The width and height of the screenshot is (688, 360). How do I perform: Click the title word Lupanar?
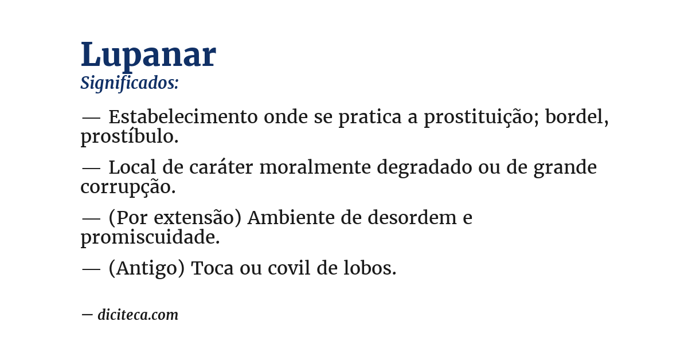coord(148,55)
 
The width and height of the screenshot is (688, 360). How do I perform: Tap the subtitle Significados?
coord(130,83)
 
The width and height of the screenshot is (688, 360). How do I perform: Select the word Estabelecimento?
coord(183,117)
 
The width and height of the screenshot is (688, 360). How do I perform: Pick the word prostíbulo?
coord(129,137)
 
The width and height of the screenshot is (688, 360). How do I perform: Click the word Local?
coord(133,167)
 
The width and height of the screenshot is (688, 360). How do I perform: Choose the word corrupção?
coord(127,187)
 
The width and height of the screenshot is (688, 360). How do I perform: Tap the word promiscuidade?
coord(150,237)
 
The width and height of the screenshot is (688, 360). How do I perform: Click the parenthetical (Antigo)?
coord(146,268)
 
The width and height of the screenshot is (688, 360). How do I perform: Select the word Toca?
coord(212,268)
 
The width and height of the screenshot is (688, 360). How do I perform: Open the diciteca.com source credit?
coord(138,315)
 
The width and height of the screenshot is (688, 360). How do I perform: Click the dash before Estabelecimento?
coord(91,118)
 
